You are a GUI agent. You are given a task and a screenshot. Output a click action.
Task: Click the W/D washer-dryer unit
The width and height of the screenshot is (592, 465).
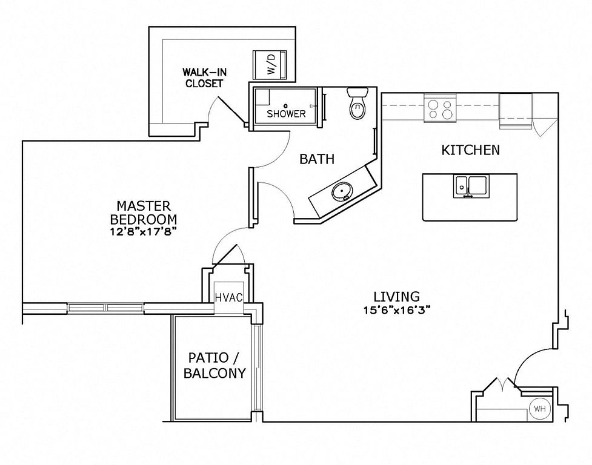[x=270, y=64]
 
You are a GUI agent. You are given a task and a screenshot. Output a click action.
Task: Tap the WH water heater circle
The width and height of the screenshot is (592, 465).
[x=539, y=409]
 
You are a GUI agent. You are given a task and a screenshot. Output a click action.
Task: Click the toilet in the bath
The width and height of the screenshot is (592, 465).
[x=357, y=103]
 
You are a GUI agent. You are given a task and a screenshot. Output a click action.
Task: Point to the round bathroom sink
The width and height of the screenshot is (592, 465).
[x=342, y=191]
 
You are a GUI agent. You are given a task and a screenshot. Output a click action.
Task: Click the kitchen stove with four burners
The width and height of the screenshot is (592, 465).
[x=441, y=108]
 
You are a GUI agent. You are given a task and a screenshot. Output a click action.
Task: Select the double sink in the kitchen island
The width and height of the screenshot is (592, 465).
[x=471, y=186]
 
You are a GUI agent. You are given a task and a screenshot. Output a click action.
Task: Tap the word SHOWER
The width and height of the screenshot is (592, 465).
[x=286, y=113]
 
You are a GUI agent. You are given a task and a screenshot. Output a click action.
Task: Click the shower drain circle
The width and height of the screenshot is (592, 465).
[x=286, y=105]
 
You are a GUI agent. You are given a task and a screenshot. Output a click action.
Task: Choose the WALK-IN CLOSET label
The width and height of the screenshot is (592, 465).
[x=204, y=77]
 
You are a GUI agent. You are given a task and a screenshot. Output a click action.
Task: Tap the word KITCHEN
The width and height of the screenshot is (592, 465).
[x=470, y=150]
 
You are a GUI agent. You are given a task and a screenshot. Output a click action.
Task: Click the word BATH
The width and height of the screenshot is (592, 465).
[x=317, y=159]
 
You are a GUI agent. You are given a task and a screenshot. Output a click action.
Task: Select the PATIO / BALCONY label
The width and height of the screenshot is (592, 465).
[x=214, y=365]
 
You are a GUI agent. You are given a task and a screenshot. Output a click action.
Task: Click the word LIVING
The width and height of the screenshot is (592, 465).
[x=396, y=297]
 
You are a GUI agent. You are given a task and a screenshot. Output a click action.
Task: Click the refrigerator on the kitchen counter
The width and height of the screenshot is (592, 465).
[x=516, y=111]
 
